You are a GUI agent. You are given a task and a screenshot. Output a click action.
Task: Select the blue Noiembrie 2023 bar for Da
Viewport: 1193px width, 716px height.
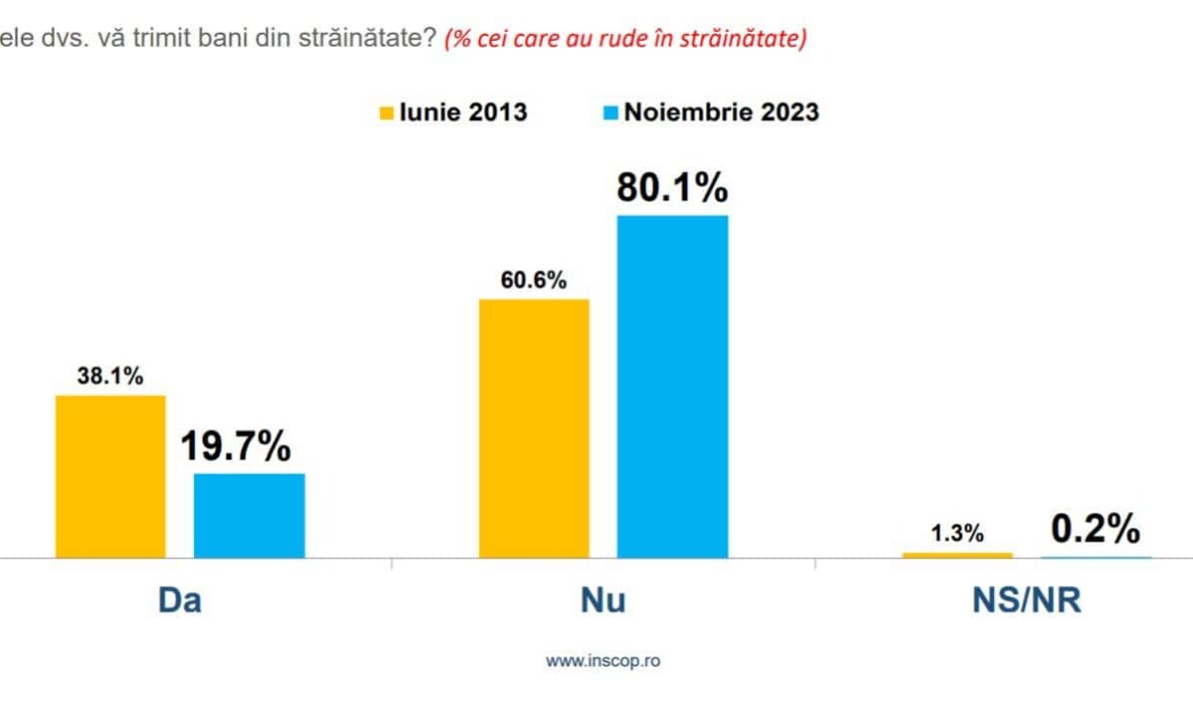249,515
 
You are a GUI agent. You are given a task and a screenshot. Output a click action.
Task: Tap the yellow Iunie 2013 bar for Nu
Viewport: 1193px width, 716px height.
534,428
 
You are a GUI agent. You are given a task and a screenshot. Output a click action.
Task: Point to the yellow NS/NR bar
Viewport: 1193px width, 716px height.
957,555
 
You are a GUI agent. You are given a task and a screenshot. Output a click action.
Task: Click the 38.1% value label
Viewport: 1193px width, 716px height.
110,377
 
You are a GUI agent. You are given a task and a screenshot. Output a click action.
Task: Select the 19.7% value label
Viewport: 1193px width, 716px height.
235,447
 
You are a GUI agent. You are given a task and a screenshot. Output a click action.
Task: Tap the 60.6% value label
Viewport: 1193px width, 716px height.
534,280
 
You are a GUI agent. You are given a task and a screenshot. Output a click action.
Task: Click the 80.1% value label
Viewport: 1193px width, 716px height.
672,188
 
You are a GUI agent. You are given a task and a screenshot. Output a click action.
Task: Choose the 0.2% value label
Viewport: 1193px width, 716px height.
1096,530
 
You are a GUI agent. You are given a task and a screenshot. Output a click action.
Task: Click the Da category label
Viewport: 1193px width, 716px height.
179,602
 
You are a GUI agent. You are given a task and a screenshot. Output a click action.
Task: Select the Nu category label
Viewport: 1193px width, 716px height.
602,602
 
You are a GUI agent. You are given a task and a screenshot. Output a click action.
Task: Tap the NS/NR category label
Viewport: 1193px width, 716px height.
1026,602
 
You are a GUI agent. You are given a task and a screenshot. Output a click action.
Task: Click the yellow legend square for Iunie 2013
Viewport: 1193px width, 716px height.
386,111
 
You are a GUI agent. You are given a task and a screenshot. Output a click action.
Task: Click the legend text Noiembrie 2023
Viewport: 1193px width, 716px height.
721,111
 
